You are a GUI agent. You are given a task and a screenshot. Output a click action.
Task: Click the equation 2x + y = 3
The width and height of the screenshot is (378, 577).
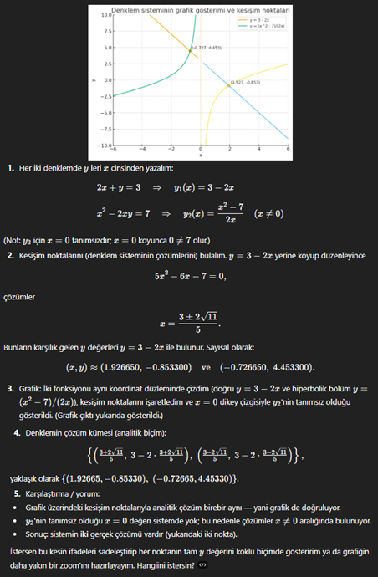point(119,189)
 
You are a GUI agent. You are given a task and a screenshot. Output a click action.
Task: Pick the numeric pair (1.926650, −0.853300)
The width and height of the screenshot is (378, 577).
point(133,367)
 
